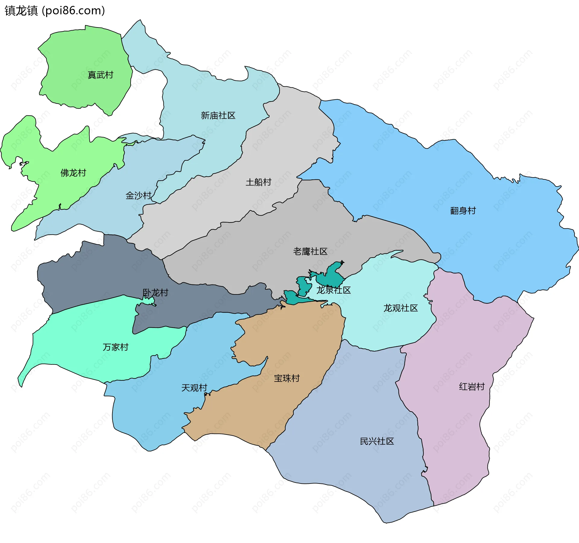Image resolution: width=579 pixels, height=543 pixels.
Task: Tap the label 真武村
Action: (100, 75)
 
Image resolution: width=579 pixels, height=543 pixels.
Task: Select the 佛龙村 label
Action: (73, 173)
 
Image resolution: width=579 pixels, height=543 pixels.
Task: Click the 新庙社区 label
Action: (218, 115)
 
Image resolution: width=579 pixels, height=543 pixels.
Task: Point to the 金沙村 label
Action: (138, 195)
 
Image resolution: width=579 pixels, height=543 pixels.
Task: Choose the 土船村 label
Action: (258, 182)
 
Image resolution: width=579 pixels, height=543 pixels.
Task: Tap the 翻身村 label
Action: (463, 210)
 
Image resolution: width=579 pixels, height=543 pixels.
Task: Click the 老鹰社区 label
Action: (310, 251)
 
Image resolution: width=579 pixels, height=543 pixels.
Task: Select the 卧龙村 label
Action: (155, 292)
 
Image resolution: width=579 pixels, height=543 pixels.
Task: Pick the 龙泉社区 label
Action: (334, 290)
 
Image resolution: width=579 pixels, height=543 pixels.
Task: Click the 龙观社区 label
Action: (400, 308)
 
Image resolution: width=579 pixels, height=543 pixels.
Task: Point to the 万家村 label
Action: (115, 347)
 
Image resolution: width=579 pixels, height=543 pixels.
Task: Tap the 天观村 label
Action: (194, 388)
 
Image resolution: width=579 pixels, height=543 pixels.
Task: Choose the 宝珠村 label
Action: (287, 378)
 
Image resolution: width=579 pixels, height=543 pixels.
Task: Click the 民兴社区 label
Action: (377, 441)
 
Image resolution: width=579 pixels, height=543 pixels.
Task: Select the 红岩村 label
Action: (472, 387)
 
